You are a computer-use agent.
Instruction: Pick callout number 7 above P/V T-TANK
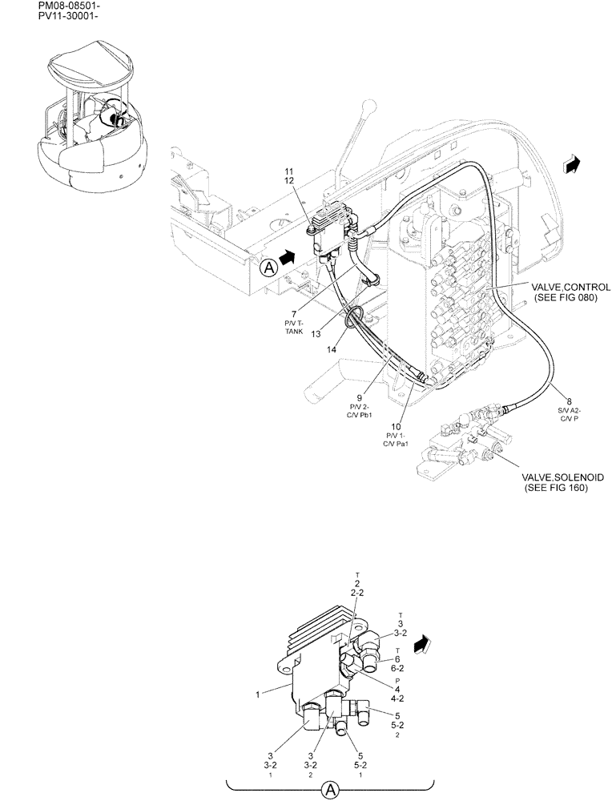point(295,313)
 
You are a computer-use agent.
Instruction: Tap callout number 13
point(316,333)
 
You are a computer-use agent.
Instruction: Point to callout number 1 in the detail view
point(258,695)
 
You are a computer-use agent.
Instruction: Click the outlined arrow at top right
point(571,163)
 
